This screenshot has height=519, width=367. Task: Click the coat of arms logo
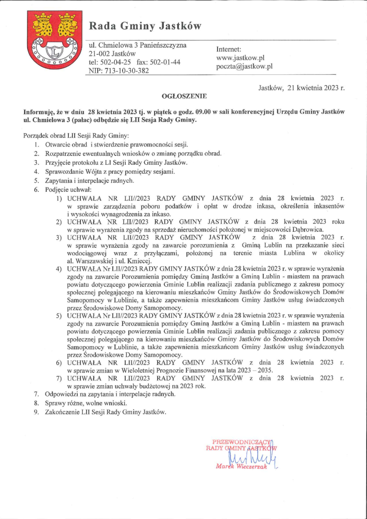pyautogui.click(x=54, y=39)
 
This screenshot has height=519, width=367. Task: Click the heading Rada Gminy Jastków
pyautogui.click(x=145, y=26)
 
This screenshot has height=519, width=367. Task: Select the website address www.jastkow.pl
pyautogui.click(x=240, y=58)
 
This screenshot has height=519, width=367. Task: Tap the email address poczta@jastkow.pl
pyautogui.click(x=244, y=66)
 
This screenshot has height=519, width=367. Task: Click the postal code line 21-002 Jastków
pyautogui.click(x=109, y=54)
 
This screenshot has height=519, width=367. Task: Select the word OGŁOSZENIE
pyautogui.click(x=185, y=96)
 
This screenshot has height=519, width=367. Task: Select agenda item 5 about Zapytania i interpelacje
pyautogui.click(x=89, y=181)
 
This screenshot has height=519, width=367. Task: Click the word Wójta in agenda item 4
pyautogui.click(x=92, y=172)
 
